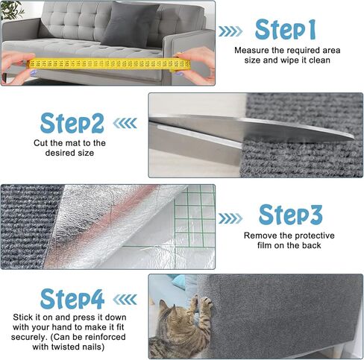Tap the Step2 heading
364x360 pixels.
pyautogui.click(x=72, y=122)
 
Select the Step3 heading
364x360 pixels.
pyautogui.click(x=290, y=215)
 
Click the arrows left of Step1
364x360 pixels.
pyautogui.click(x=230, y=31)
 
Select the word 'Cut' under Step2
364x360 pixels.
pyautogui.click(x=41, y=142)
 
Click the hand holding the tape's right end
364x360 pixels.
pyautogui.click(x=197, y=63)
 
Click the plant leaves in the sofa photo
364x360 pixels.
pyautogui.click(x=11, y=9)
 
